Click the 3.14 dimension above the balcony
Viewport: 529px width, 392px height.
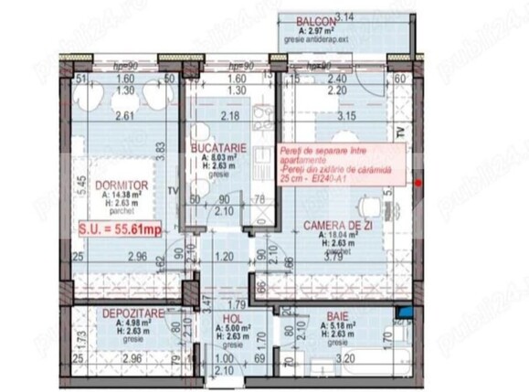[x=344, y=16]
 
